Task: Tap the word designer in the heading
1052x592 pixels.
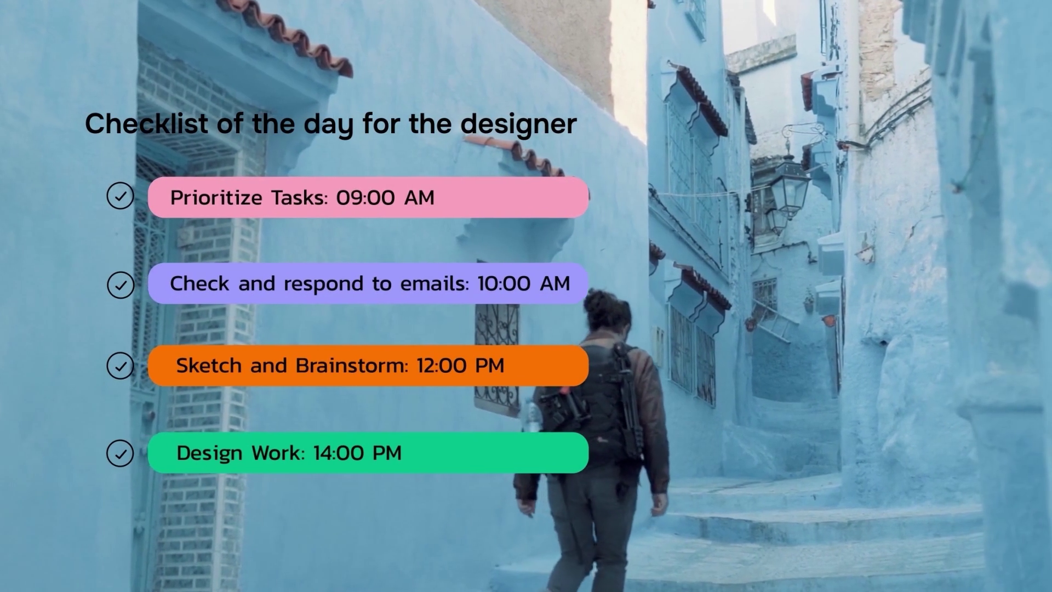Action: (x=518, y=124)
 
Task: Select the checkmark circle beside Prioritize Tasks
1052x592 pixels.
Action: (x=121, y=196)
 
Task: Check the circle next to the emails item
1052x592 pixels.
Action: (x=121, y=285)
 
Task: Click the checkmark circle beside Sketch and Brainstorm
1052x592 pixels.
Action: (x=121, y=366)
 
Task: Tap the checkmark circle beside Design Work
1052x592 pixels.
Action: (x=121, y=453)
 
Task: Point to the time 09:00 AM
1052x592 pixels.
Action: (x=385, y=197)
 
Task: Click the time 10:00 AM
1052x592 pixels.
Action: (x=524, y=283)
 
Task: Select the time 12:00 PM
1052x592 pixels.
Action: (x=460, y=366)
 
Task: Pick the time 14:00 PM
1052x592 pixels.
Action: (x=357, y=453)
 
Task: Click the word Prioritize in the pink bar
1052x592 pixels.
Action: (x=216, y=197)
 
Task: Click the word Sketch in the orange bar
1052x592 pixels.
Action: (x=209, y=366)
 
